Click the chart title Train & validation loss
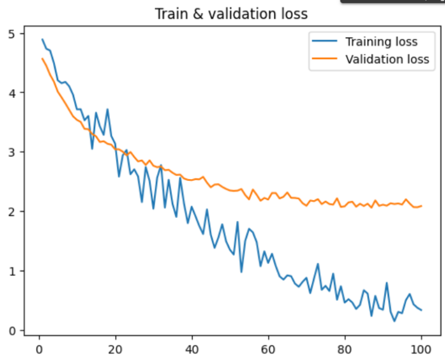click(x=231, y=13)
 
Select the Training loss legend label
click(x=381, y=42)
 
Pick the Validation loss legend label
click(x=387, y=59)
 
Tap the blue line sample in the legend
click(x=324, y=42)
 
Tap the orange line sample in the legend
click(x=324, y=59)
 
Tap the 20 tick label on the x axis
click(x=115, y=349)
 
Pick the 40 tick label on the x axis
click(x=192, y=349)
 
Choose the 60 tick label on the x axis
click(x=268, y=349)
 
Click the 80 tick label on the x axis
click(x=345, y=349)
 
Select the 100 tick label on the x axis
click(x=421, y=349)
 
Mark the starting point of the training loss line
click(x=42, y=39)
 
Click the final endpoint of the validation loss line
click(x=421, y=206)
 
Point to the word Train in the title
click(x=169, y=13)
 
